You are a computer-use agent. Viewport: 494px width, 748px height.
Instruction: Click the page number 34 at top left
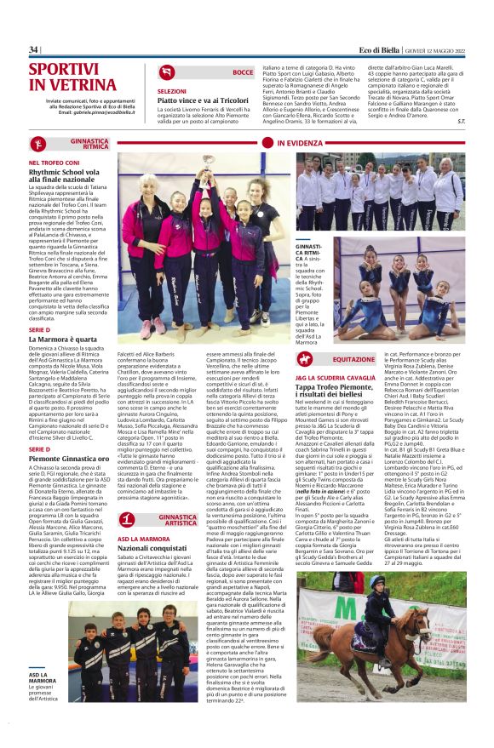coord(34,49)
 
